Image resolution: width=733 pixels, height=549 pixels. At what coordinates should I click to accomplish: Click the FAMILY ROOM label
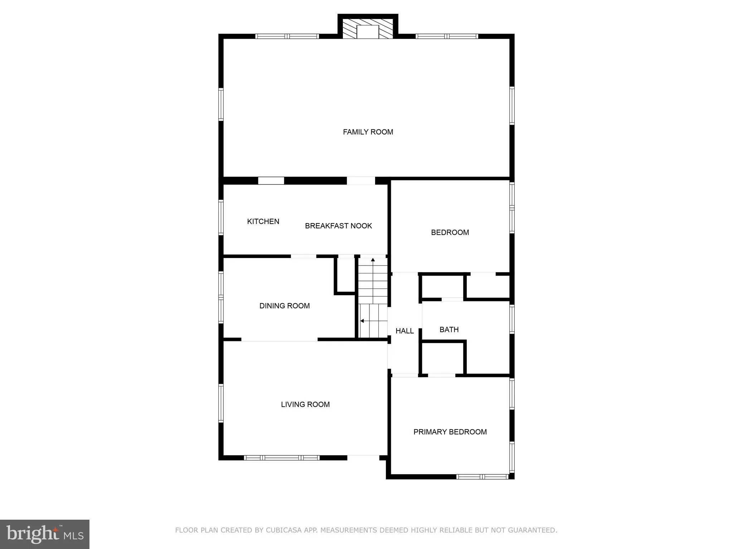tap(368, 132)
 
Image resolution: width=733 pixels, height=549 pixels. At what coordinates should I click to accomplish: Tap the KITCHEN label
tap(263, 221)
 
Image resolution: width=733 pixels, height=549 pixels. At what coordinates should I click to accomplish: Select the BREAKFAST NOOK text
tap(338, 226)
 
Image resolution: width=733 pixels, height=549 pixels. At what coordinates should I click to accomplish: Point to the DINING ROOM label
tap(285, 306)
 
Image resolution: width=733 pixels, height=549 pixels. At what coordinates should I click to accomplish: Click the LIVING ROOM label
tap(305, 404)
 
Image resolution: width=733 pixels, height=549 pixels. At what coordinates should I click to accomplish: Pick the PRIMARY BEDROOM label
tap(450, 432)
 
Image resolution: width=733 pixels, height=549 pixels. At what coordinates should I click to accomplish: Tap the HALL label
tap(404, 331)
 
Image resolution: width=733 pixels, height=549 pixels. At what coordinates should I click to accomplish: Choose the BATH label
tap(449, 330)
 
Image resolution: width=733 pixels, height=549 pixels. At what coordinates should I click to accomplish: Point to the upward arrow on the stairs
tap(373, 260)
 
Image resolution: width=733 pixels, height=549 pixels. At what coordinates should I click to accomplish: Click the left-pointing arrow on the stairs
tap(362, 321)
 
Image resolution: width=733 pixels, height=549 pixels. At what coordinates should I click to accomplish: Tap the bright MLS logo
tap(45, 534)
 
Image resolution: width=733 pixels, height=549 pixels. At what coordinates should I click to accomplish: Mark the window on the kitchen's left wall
tap(221, 217)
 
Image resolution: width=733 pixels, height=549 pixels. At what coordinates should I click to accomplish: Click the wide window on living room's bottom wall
tap(282, 457)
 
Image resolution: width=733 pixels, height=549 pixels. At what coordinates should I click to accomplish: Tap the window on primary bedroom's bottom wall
tap(482, 476)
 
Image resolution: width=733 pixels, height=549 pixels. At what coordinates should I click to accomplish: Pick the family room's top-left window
tap(287, 36)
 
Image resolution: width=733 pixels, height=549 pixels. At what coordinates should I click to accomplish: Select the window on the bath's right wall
tap(512, 319)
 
